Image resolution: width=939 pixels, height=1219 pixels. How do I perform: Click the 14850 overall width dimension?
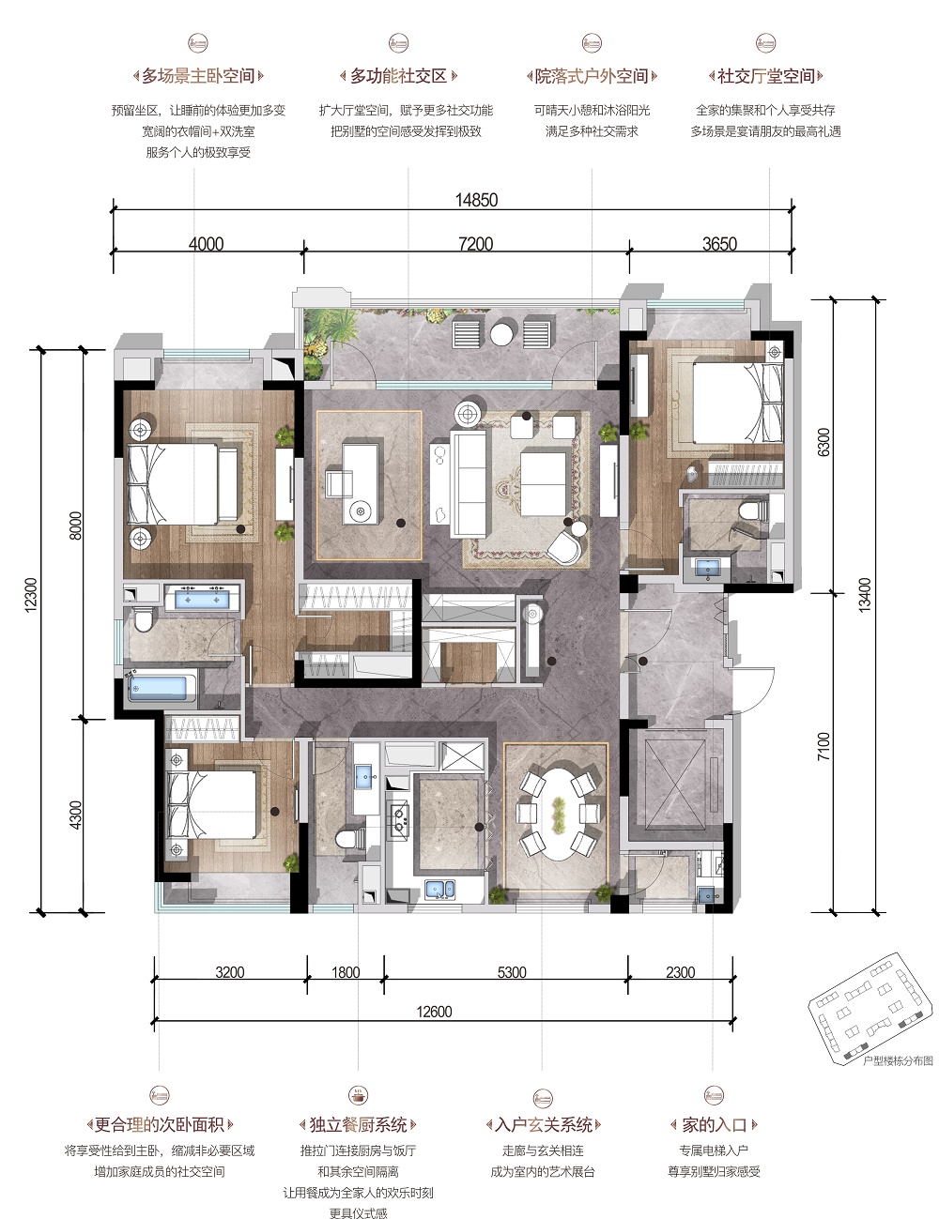point(476,200)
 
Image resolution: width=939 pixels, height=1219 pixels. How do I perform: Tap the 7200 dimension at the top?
point(475,244)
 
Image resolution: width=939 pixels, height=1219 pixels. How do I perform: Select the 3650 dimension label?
point(719,244)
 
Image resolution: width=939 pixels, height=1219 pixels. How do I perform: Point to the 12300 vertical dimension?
point(31,594)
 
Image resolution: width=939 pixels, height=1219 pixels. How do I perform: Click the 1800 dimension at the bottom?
point(346,972)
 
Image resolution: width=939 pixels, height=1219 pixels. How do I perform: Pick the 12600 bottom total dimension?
point(434,1012)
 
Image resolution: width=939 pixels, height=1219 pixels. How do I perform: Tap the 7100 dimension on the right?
point(823,746)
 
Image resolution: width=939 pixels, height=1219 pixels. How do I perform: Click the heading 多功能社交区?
point(398,76)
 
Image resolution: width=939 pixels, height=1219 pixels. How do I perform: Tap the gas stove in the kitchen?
point(400,818)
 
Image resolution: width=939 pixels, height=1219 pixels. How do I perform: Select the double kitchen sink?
point(440,889)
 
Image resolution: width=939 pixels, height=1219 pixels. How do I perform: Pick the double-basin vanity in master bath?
point(202,599)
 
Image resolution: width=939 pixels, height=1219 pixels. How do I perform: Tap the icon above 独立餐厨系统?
point(358,1095)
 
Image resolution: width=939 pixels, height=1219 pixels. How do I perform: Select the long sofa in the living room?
point(468,484)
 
